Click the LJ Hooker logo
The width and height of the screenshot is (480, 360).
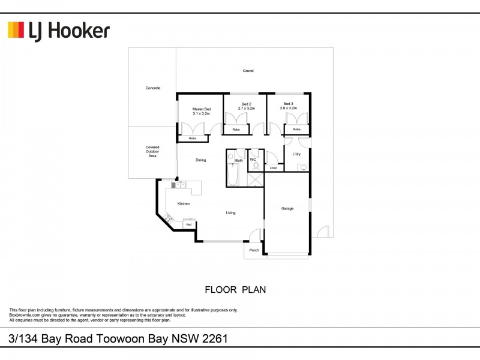pos(59,30)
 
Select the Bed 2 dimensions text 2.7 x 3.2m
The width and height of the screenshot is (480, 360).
pos(245,109)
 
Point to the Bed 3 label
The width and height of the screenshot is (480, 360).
pos(289,104)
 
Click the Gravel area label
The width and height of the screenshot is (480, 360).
pos(248,71)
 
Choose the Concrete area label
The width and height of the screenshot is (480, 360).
pos(153,88)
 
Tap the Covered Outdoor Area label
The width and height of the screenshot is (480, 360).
pos(152,151)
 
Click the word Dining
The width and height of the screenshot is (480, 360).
pos(200,160)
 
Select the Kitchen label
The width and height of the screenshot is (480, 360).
pos(183,204)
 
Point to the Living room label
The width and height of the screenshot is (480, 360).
pos(230,212)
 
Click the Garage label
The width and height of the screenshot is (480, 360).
pos(287,208)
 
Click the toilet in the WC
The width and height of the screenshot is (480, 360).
pos(256,166)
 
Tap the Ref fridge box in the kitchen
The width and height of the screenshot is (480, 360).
pos(188,224)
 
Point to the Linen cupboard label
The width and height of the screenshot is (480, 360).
pos(274,168)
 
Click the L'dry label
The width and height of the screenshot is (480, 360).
pos(296,155)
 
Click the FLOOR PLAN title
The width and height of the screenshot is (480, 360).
pos(235,289)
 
